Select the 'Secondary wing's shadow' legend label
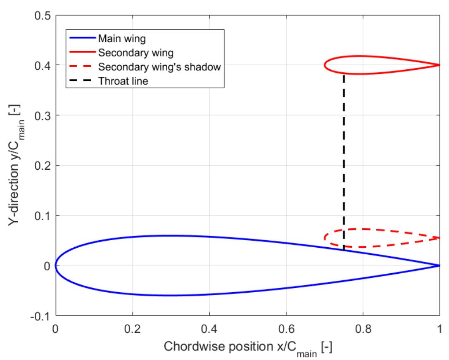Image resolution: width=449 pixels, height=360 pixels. [159, 67]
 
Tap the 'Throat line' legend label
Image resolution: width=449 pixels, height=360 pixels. [123, 81]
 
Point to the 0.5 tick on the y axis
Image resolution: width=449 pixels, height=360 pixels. [43, 15]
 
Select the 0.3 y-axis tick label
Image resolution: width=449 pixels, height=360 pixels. [43, 116]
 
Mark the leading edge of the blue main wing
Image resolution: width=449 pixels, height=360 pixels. [56, 265]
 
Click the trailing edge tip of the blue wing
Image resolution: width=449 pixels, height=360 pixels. [439, 265]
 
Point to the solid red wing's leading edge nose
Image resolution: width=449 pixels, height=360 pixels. [325, 65]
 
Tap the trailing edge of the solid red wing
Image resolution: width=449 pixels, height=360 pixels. [439, 65]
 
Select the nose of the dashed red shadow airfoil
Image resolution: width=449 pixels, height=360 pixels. [325, 237]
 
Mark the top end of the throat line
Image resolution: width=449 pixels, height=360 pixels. [344, 75]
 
